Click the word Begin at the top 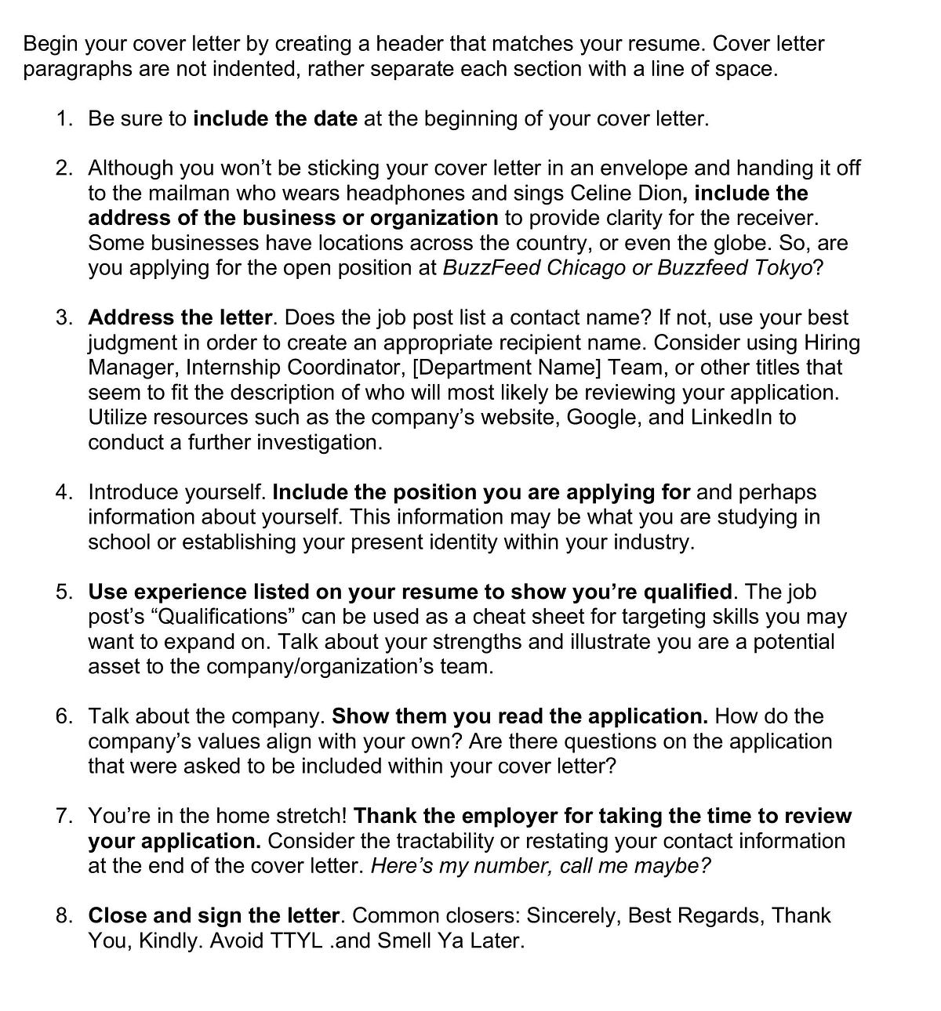pyautogui.click(x=50, y=44)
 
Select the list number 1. pyautogui.click(x=64, y=119)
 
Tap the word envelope pyautogui.click(x=601, y=168)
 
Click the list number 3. pyautogui.click(x=64, y=317)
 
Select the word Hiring pyautogui.click(x=832, y=342)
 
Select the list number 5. pyautogui.click(x=64, y=592)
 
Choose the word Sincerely pyautogui.click(x=572, y=916)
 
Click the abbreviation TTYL pyautogui.click(x=296, y=940)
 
